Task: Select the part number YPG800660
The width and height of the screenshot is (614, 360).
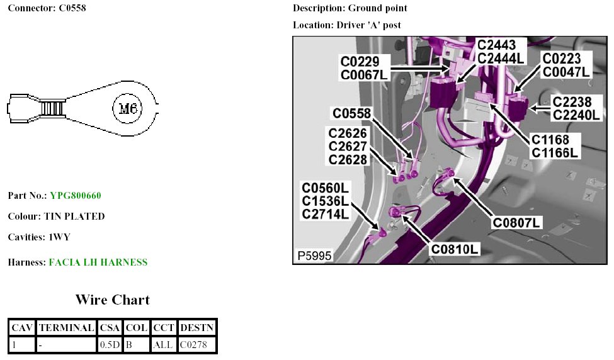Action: [76, 196]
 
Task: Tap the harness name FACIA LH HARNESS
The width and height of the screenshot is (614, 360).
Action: [98, 262]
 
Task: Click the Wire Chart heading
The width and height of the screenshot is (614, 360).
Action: [113, 300]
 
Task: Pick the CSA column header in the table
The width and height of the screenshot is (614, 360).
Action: [110, 328]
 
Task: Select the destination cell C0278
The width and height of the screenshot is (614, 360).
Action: [197, 344]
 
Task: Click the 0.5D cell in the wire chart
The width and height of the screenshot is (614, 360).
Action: [110, 344]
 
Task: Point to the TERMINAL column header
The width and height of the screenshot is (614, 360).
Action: [66, 328]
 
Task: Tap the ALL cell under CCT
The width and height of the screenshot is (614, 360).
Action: [164, 344]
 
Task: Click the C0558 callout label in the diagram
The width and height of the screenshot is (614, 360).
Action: [352, 113]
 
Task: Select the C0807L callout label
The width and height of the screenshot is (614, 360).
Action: [518, 222]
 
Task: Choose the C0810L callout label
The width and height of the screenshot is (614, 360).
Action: [455, 249]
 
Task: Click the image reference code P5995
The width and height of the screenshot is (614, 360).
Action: [314, 256]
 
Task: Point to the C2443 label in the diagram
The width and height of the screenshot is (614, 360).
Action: [497, 45]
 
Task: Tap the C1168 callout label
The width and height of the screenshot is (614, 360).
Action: [550, 139]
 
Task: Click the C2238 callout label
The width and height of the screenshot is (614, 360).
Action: [572, 101]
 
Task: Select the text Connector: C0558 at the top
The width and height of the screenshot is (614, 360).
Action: [47, 9]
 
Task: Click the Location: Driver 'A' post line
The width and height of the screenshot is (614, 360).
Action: [347, 25]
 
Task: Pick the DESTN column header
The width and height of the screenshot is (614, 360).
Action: [197, 328]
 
